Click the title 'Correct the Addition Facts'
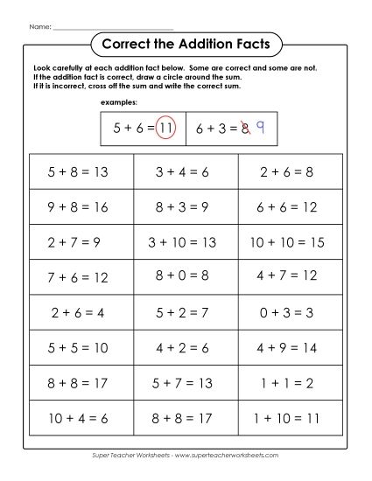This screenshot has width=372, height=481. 186,43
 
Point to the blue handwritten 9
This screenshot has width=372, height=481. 260,127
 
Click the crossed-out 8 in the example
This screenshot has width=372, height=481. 246,128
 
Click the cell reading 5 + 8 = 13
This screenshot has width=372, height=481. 79,172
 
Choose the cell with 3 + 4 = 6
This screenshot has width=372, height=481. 183,172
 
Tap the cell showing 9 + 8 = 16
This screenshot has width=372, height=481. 79,207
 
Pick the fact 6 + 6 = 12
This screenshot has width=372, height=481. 287,207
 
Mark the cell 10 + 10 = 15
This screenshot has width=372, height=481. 287,242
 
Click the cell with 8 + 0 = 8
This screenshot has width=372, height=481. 183,276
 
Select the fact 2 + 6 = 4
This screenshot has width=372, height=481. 79,311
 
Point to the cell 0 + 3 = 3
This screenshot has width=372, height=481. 287,311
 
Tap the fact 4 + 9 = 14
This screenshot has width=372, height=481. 287,346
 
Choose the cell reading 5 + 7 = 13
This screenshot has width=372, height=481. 183,381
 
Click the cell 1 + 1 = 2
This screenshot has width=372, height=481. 287,381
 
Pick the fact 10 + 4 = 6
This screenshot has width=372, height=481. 79,416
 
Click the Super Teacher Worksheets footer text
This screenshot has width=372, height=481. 186,456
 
